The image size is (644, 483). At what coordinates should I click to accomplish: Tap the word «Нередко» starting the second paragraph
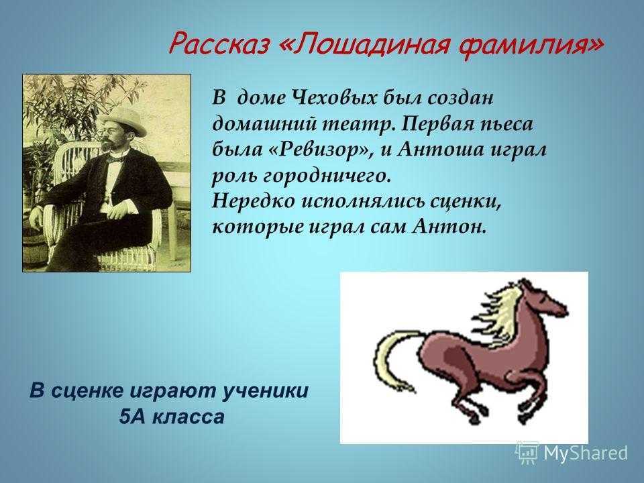254,202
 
